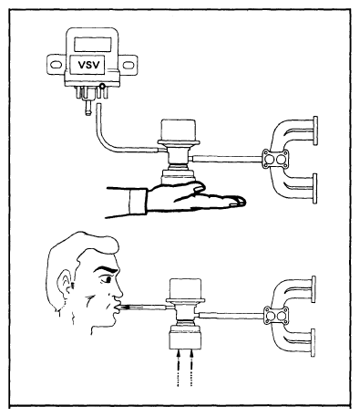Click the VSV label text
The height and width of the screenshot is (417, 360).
[88, 65]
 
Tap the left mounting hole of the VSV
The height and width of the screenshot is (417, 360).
[56, 65]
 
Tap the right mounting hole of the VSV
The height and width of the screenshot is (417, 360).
[128, 65]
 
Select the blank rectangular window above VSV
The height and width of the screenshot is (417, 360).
[92, 44]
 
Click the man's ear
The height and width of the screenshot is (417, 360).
[65, 284]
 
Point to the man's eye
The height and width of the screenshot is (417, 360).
[106, 279]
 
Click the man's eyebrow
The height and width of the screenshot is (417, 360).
[105, 269]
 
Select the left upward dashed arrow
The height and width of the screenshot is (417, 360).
[179, 368]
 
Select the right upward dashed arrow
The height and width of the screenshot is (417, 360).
[191, 368]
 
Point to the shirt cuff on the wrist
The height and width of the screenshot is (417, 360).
[139, 201]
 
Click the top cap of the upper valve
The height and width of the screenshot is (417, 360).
[179, 130]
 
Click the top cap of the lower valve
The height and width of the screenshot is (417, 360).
[186, 289]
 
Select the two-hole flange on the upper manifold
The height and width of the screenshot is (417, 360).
[275, 159]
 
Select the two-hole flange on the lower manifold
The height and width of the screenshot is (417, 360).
[276, 315]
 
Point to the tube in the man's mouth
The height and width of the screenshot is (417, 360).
[142, 308]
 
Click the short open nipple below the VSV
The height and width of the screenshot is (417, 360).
[88, 107]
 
